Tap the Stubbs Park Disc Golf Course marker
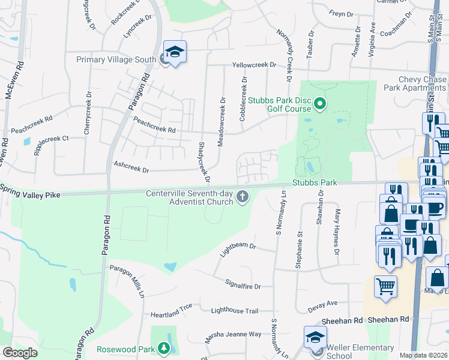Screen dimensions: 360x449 click(x=320, y=104)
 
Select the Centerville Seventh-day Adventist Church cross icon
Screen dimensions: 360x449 click(x=243, y=197)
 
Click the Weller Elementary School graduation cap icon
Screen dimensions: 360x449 click(x=315, y=337)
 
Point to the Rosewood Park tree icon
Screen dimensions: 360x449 click(x=163, y=349)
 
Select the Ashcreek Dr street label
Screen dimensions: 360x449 click(x=131, y=167)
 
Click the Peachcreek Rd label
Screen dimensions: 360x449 click(x=154, y=125)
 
